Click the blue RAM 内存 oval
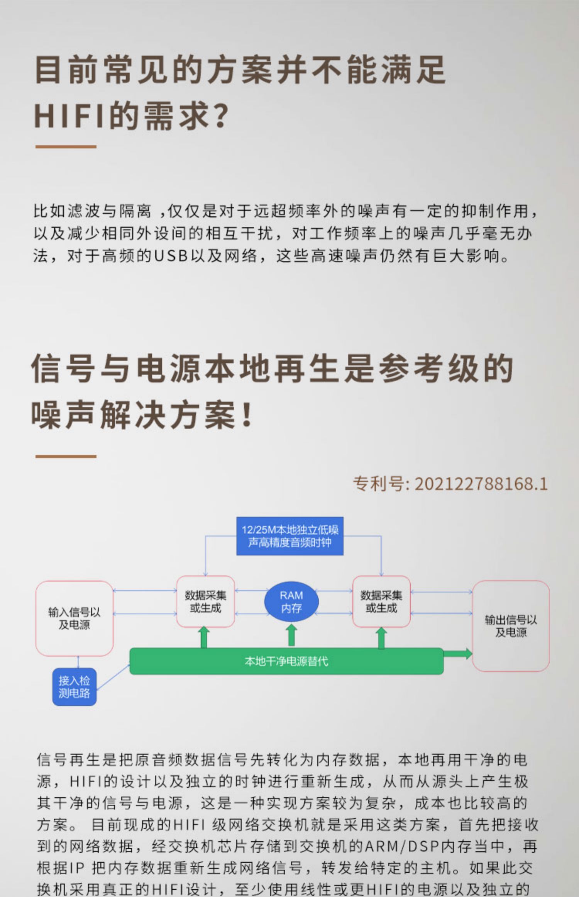pos(291,601)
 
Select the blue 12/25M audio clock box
pos(289,536)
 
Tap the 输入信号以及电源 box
pos(74,618)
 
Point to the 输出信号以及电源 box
pos(511,626)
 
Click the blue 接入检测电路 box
pos(74,686)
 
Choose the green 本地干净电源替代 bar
pos(286,661)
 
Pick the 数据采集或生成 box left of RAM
pos(205,601)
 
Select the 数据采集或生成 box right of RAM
pos(381,601)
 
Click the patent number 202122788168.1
pos(481,484)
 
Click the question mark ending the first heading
pos(222,116)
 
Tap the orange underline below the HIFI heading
pos(66,147)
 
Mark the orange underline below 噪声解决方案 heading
pos(66,456)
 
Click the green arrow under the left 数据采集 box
pos(204,637)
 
